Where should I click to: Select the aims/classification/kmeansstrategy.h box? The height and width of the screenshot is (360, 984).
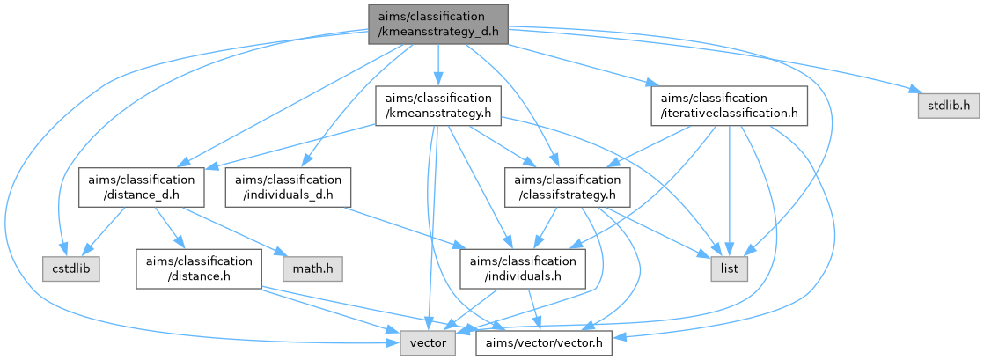[x=437, y=104]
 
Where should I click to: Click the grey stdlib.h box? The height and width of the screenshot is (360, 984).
[x=948, y=106]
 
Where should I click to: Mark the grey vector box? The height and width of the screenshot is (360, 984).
[x=428, y=341]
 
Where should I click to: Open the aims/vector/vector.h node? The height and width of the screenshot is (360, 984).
[x=543, y=341]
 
